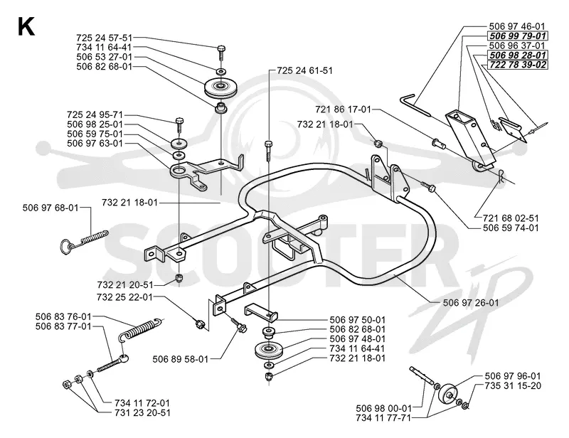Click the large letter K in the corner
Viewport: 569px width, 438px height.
[x=26, y=27]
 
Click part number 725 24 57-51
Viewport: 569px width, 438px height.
[x=104, y=38]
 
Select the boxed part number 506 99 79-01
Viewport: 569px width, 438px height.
[x=517, y=36]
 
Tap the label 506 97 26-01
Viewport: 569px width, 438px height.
[x=471, y=303]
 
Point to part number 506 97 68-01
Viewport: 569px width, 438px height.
[x=50, y=208]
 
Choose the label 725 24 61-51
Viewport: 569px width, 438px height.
[x=304, y=70]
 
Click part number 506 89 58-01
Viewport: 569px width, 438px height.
[x=181, y=359]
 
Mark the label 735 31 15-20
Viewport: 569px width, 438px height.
[x=513, y=386]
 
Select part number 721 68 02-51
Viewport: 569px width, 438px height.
[x=511, y=218]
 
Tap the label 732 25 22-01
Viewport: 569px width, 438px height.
[x=125, y=297]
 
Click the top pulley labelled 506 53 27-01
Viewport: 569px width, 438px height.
[x=220, y=87]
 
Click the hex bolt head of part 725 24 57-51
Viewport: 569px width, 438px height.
[x=221, y=48]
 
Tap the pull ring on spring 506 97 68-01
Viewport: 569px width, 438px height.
[x=66, y=247]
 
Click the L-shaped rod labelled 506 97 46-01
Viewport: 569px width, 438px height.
[x=415, y=105]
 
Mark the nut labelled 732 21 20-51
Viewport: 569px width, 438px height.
[x=179, y=278]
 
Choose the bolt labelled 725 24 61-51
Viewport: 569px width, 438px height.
[x=268, y=151]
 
